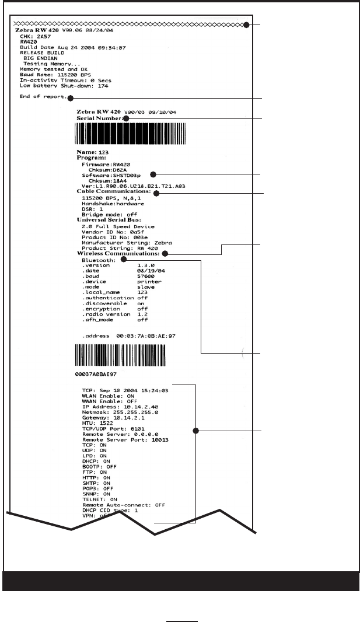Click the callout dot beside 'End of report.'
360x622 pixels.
[69, 97]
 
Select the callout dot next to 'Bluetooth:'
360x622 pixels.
[124, 260]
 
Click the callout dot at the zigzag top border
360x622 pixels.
[247, 25]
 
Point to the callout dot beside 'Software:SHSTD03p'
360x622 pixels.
[153, 174]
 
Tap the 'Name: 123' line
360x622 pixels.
[89, 152]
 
